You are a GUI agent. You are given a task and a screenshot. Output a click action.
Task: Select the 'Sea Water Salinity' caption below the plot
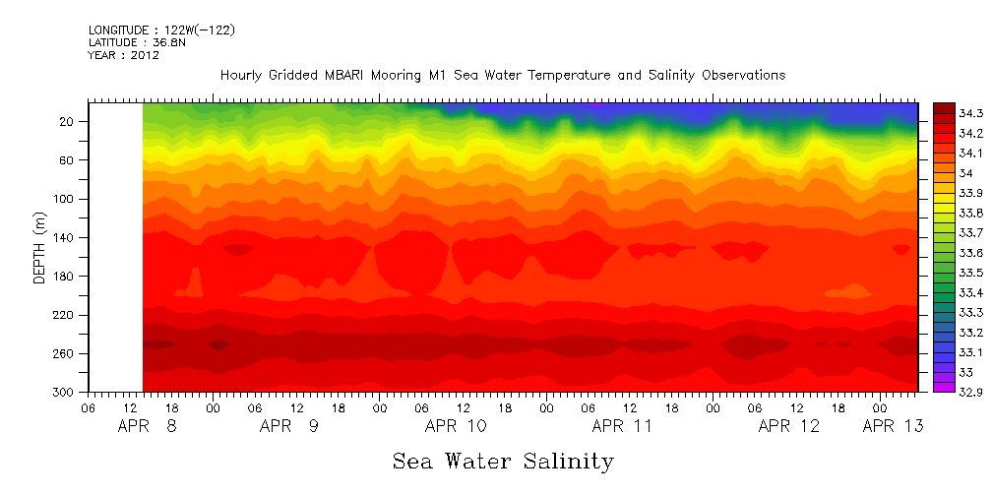pos(503,461)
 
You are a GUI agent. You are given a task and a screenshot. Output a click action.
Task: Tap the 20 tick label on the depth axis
pos(69,122)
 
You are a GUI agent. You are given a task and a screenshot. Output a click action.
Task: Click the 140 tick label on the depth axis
pos(65,237)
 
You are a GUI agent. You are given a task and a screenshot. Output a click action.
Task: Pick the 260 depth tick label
pos(65,353)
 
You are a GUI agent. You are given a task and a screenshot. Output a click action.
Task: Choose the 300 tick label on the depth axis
pos(65,392)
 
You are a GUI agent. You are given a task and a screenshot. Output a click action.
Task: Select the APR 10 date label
pos(455,426)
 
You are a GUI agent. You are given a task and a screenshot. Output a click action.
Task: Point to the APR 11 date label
pos(622,426)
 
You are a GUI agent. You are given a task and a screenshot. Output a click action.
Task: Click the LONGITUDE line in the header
pos(161,31)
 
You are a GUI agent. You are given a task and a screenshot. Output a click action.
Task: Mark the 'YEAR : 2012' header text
pos(124,55)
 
